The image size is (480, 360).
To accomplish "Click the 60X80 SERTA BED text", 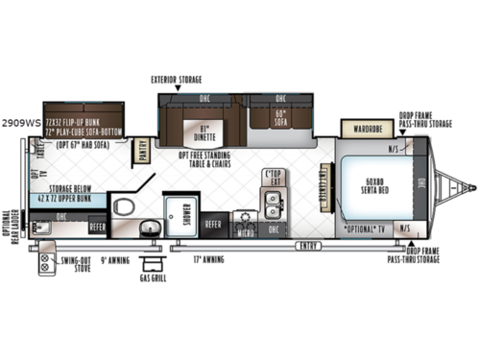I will click(373, 185).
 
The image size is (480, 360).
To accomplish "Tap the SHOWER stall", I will click(179, 217).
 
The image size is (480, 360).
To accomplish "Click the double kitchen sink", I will click(273, 203).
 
